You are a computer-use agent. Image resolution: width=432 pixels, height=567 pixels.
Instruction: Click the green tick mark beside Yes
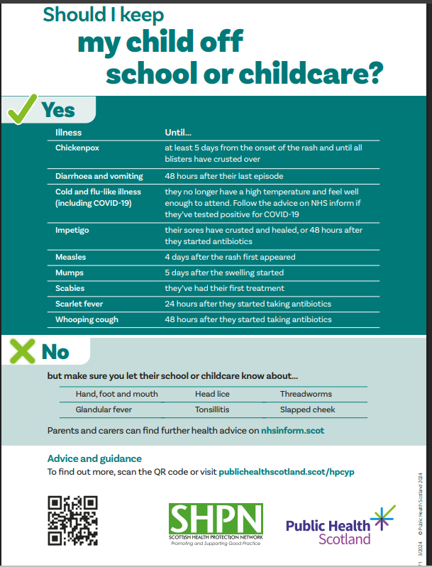(21, 110)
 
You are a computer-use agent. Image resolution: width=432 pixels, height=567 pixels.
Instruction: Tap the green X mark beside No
(21, 351)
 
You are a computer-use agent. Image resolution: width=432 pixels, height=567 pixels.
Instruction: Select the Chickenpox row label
(77, 148)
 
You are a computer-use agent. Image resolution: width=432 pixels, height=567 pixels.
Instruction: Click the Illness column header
(69, 132)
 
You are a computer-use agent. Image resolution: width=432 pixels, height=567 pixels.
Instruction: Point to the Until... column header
(178, 132)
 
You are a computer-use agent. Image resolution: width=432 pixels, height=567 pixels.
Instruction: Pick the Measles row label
(71, 257)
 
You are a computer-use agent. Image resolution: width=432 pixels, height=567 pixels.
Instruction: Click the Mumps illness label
(70, 273)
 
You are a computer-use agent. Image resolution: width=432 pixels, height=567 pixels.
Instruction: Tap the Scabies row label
(71, 288)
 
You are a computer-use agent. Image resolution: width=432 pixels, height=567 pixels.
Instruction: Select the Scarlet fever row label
(79, 304)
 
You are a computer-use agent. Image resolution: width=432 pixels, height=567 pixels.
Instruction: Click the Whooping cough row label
(87, 319)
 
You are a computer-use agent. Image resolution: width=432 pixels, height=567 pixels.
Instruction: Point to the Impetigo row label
(72, 230)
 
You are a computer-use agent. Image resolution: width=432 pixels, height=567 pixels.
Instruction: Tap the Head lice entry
(213, 394)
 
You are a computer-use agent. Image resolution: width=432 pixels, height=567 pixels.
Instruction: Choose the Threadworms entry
(306, 394)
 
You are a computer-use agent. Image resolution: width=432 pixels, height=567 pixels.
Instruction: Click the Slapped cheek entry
(307, 409)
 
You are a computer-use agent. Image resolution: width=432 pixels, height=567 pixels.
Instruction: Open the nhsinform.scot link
(293, 430)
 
